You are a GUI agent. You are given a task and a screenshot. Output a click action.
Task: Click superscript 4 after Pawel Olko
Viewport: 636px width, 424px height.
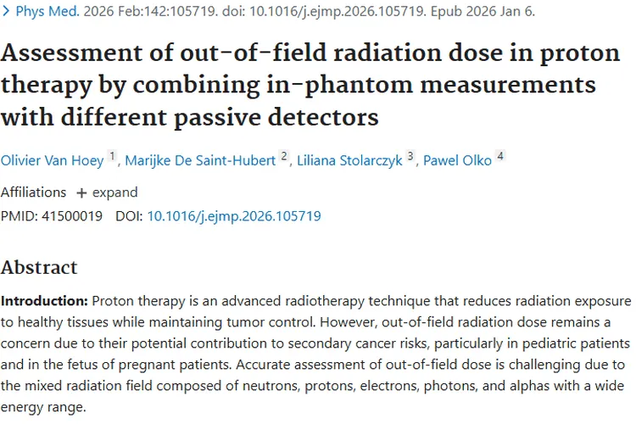tap(500, 157)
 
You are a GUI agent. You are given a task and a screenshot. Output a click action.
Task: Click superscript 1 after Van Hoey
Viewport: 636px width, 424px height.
tap(112, 157)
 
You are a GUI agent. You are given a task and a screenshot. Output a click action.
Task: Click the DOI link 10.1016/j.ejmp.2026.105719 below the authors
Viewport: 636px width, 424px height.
tap(233, 216)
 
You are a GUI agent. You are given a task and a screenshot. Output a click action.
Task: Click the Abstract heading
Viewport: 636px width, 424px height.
tap(39, 267)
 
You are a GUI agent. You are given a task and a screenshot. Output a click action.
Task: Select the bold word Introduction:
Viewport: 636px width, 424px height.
tap(44, 302)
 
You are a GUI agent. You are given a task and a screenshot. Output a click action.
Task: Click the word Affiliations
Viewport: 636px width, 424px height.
tap(33, 192)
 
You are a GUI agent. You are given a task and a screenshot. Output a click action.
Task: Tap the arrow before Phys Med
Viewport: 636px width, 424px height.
tap(6, 12)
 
